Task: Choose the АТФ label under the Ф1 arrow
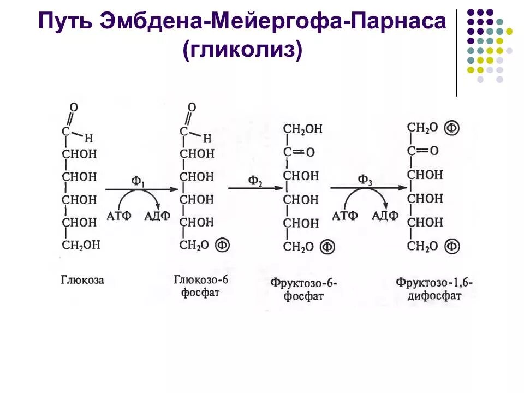(x=118, y=216)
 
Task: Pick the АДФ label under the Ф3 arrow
(x=385, y=216)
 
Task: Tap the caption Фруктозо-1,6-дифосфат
(x=434, y=289)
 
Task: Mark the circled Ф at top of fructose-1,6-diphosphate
(x=451, y=128)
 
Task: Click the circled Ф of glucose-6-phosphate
(x=223, y=245)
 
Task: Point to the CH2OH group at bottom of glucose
(x=81, y=245)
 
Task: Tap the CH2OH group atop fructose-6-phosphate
(x=303, y=129)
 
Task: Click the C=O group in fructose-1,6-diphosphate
(x=422, y=150)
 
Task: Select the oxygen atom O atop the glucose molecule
(x=74, y=108)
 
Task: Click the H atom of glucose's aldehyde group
(x=90, y=138)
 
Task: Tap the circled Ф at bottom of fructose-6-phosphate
(x=327, y=247)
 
